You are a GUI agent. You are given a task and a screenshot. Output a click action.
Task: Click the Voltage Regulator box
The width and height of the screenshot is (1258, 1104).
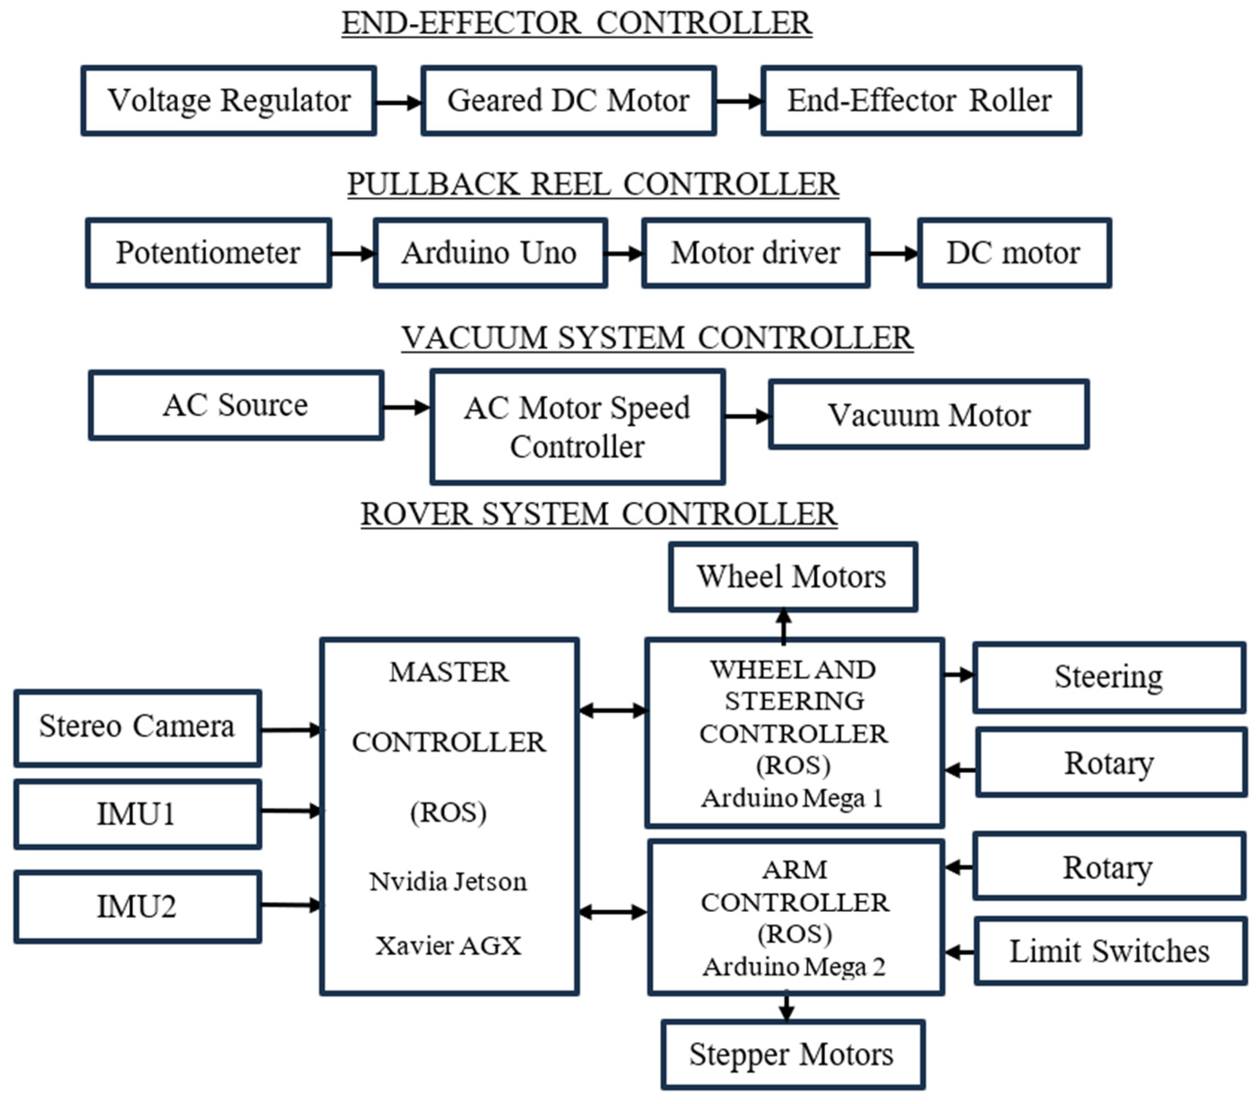pos(228,100)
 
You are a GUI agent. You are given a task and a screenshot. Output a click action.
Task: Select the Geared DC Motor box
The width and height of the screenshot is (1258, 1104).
pos(568,100)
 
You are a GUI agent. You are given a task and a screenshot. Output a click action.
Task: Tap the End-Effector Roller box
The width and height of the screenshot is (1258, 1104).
pos(921,100)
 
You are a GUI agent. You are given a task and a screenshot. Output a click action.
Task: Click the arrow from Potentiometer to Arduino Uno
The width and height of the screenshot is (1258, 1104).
pos(352,253)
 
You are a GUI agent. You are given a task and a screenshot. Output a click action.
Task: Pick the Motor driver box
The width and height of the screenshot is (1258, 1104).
pos(755,253)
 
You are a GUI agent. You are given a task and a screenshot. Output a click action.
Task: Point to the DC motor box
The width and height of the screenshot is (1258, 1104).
pos(1014,253)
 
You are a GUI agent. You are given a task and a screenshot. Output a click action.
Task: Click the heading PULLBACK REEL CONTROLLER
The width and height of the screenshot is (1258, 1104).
pos(592,184)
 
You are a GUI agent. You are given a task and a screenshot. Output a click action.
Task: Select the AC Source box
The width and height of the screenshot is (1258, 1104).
pos(236,405)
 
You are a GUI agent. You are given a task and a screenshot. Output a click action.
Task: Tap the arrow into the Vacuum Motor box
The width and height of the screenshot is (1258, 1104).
pos(746,416)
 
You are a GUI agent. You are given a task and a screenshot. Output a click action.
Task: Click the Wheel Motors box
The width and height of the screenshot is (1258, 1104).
pos(793,577)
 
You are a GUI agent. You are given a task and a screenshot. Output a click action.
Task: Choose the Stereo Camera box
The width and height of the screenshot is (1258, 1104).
pos(137,727)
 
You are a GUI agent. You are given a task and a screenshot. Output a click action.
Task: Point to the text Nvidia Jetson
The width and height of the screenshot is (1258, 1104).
pos(448,882)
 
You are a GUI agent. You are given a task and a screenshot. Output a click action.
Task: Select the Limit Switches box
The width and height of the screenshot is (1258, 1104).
pos(1109,951)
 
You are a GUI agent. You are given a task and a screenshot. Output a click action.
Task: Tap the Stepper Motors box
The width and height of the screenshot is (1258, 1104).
pos(792,1054)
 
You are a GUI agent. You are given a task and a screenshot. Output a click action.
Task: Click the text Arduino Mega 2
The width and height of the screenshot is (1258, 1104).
pos(794,967)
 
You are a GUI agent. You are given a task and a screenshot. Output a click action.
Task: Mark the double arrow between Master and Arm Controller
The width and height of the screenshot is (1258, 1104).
pos(612,912)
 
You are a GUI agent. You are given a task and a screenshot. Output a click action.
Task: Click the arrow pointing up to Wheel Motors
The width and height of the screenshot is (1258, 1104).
pos(784,625)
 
